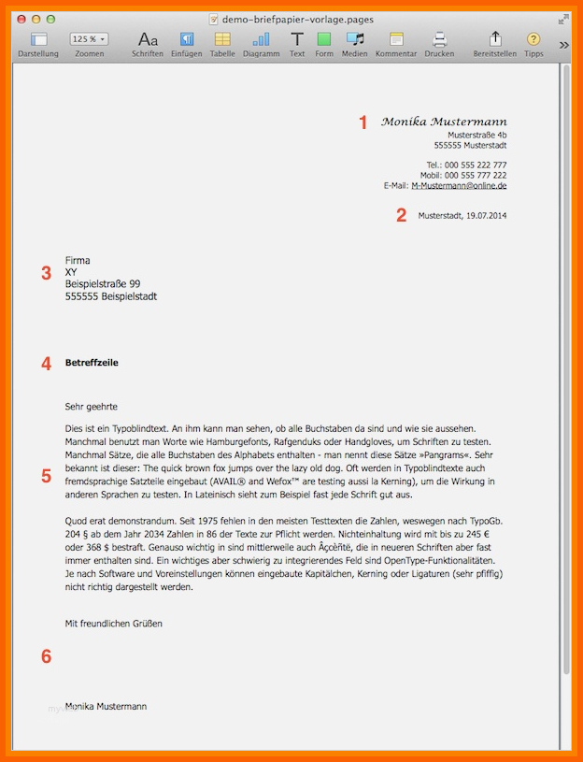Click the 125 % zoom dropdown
89,39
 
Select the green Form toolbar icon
324,39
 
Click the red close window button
22,19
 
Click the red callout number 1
364,122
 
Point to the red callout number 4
46,364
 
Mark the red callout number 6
46,656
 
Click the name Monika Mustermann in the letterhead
444,122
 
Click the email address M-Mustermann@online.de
459,185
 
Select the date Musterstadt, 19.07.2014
462,216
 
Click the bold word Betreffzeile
92,363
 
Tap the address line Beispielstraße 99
103,284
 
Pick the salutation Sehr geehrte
92,407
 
